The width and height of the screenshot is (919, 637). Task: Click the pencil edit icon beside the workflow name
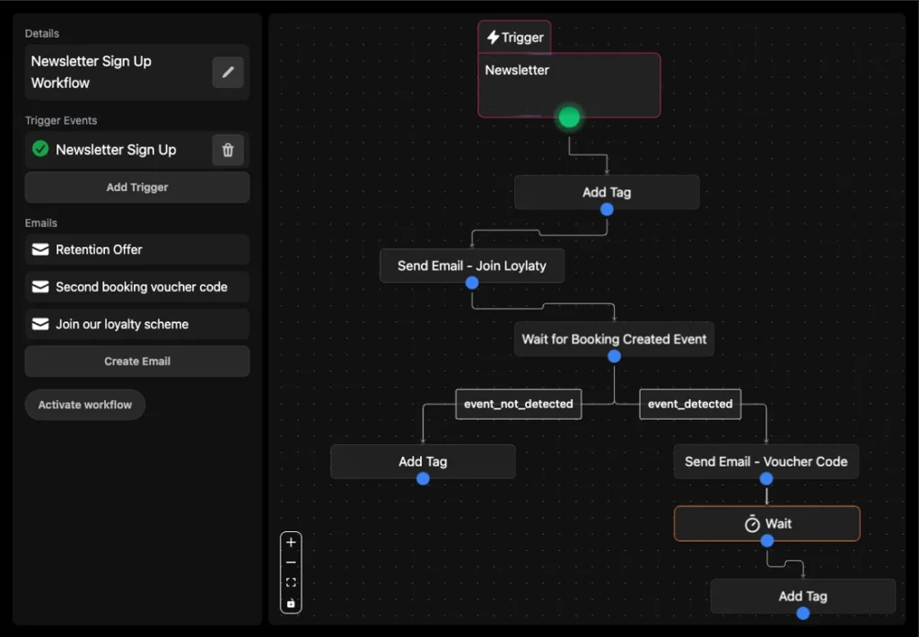[228, 72]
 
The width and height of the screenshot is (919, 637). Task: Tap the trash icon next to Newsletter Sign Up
[228, 150]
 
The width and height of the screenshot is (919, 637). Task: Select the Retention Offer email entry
[137, 249]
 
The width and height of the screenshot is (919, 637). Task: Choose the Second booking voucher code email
[137, 287]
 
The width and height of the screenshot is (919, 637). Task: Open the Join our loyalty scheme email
[137, 324]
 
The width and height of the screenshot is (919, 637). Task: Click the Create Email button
[137, 361]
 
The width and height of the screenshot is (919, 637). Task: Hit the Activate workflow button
[85, 405]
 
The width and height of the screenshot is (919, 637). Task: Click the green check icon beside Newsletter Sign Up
[40, 149]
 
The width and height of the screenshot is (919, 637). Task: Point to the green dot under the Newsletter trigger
[569, 118]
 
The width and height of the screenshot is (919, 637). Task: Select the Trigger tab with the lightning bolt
[514, 38]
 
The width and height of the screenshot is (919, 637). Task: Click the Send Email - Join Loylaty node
[472, 266]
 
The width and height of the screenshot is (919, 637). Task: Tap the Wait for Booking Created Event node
[614, 339]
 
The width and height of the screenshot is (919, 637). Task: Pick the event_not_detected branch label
[519, 404]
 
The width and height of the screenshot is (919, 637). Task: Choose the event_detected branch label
[690, 404]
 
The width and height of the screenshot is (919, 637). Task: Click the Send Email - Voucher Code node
[766, 461]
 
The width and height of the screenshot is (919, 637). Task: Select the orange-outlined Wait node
[767, 523]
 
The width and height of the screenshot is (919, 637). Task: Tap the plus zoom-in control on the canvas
[291, 543]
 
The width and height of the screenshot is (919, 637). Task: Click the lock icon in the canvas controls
[291, 603]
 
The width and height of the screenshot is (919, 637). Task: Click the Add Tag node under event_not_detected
[423, 461]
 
